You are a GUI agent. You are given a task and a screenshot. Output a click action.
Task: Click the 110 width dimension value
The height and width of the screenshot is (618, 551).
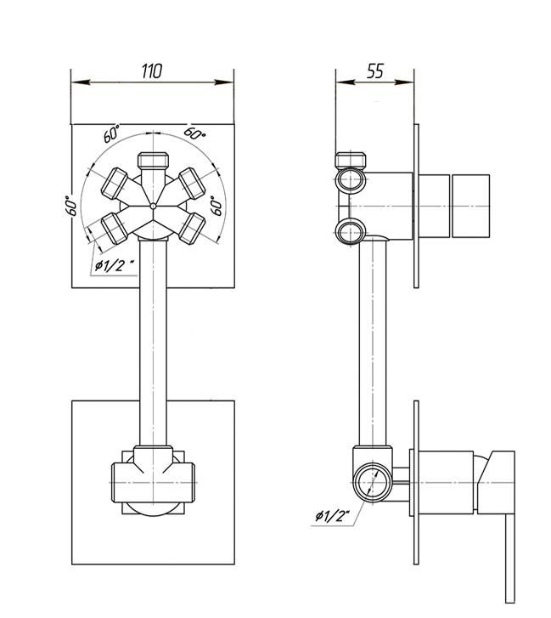coord(151,71)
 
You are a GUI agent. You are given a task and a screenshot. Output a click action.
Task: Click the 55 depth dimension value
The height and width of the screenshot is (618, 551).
coord(374,71)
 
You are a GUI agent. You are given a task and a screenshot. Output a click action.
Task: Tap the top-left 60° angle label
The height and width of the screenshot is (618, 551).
coord(112,134)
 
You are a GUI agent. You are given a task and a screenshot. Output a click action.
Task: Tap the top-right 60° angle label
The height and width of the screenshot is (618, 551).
coord(194,133)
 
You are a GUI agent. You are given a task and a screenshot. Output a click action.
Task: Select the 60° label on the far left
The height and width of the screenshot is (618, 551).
coord(70,205)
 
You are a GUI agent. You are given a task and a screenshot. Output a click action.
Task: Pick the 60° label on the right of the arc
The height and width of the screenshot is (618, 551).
coord(216,205)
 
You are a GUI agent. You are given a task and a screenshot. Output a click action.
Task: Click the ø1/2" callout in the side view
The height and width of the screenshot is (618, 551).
coord(333,515)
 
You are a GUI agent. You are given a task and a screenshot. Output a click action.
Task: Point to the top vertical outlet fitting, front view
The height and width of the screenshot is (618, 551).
coord(153,161)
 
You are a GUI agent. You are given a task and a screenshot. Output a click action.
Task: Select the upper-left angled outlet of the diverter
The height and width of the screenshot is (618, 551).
coord(115,184)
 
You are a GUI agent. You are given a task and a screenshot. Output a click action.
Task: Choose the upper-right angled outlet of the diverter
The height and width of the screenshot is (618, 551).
coord(192,184)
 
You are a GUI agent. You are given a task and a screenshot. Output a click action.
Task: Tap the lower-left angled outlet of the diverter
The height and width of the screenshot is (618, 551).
coord(115,228)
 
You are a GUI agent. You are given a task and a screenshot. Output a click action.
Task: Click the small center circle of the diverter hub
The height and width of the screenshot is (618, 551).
coord(153,206)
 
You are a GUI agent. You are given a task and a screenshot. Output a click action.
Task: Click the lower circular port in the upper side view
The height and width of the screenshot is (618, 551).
coord(350,231)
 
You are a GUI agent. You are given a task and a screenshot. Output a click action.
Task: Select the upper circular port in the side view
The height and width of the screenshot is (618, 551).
coord(350,179)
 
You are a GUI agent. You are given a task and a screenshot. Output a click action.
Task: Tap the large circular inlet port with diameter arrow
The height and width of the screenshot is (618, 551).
coord(373,483)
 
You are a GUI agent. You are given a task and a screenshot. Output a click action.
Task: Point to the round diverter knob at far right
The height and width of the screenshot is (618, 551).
coord(471,206)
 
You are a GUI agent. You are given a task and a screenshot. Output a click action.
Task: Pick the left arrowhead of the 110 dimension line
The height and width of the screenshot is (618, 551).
coord(81,82)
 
